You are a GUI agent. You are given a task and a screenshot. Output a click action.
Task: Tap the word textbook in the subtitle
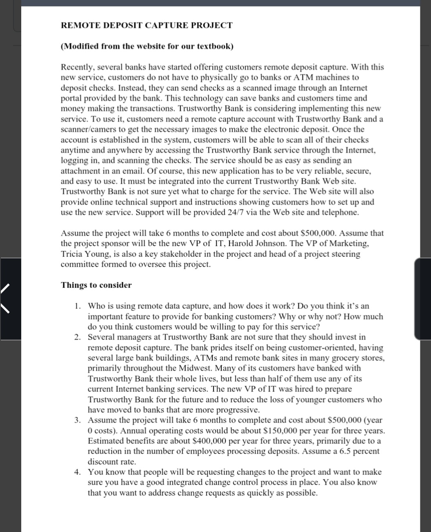point(214,46)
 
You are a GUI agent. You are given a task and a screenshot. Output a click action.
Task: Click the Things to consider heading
point(96,285)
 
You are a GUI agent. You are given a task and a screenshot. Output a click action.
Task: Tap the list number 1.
point(78,306)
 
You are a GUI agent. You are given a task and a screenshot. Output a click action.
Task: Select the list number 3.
point(78,420)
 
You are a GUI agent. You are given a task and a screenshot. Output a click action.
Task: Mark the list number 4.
point(78,472)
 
